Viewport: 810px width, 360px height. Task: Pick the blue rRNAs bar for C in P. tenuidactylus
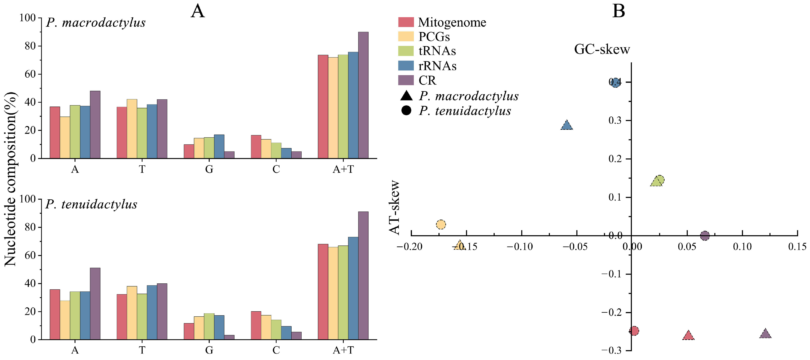(286, 333)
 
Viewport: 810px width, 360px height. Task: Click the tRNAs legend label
(437, 51)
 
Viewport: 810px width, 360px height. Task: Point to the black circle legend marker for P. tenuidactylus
(406, 111)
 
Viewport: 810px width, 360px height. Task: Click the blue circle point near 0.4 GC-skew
(616, 82)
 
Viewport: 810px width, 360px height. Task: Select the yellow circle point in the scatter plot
(441, 224)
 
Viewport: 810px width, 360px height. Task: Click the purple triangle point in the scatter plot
(765, 334)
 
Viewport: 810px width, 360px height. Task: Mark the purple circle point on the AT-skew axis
(705, 235)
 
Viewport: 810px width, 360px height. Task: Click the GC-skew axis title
(602, 49)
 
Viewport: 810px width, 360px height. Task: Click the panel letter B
(619, 11)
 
